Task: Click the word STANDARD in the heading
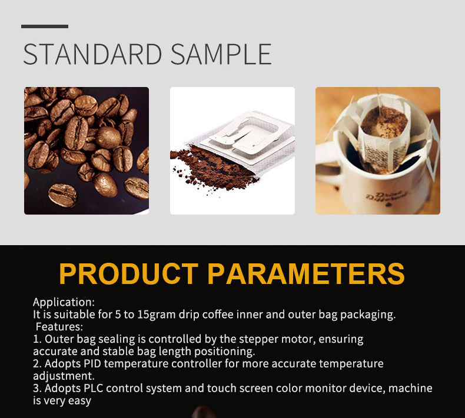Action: pos(92,54)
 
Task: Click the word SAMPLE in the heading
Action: pos(221,54)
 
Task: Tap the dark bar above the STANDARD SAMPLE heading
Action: pos(45,26)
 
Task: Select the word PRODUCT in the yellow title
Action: pos(129,273)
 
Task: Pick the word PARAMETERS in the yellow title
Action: pos(305,273)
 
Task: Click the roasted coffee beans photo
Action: pos(87,151)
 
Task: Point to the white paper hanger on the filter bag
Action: pos(246,135)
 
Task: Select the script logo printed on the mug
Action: pos(387,199)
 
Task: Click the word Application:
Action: pos(64,302)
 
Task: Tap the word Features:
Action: pos(59,327)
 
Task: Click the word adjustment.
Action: pos(64,376)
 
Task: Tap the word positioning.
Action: pos(224,352)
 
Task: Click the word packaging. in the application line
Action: pos(368,315)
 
